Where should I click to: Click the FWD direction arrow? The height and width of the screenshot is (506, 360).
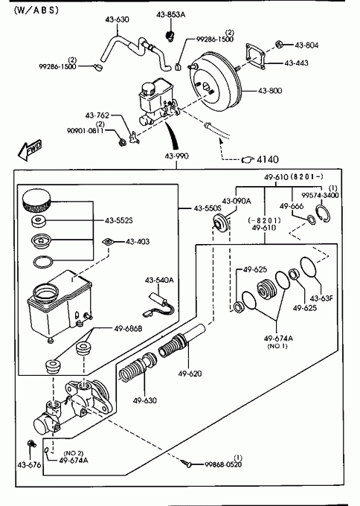[30, 150]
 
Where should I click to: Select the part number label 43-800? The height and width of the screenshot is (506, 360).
[270, 91]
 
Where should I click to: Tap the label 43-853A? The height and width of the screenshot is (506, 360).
[170, 15]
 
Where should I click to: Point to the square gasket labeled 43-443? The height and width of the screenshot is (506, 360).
[255, 57]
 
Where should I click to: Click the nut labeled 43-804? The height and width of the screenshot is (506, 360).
[280, 44]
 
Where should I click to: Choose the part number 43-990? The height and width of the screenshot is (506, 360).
[176, 156]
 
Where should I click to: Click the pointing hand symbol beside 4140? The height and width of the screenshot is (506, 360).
[248, 159]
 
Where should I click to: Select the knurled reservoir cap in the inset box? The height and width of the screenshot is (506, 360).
[36, 201]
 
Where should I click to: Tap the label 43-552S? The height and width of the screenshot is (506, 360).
[119, 221]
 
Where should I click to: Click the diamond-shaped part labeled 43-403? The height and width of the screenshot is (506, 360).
[108, 242]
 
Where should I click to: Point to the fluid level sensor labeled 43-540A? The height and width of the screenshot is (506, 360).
[158, 304]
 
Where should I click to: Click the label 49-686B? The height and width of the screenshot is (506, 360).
[128, 329]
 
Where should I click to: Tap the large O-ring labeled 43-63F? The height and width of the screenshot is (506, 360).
[309, 267]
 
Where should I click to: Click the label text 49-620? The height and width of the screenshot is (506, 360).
[190, 374]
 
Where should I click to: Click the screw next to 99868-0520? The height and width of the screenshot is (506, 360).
[186, 464]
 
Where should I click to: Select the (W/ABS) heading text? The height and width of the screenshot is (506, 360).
[36, 10]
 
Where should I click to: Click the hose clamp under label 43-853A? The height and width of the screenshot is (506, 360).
[169, 35]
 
